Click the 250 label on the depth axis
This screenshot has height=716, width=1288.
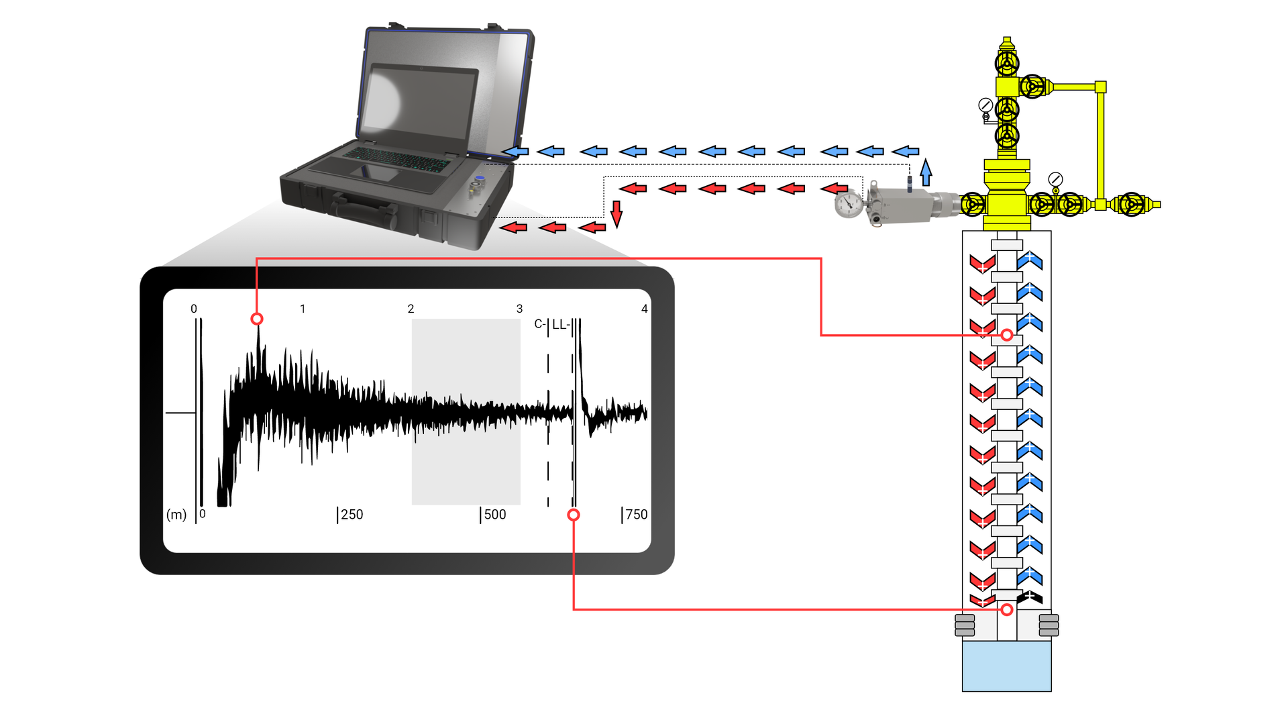[x=352, y=515]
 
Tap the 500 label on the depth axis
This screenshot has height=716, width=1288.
[x=495, y=515]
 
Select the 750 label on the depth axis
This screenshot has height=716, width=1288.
[x=636, y=515]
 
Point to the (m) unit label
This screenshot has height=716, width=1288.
[x=176, y=515]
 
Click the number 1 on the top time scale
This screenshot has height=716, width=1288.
[x=303, y=309]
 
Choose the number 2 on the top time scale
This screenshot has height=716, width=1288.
[x=411, y=309]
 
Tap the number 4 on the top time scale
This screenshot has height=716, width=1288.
[x=644, y=309]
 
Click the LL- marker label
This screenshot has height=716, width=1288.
[x=561, y=325]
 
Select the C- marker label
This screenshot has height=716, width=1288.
[x=539, y=325]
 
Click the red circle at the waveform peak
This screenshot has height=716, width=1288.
[x=257, y=319]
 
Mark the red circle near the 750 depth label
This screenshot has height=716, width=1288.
[x=574, y=515]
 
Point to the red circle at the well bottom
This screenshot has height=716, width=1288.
[x=1007, y=609]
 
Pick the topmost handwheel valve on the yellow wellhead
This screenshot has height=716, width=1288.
[x=1006, y=64]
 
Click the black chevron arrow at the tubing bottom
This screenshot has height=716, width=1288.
[x=1030, y=597]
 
